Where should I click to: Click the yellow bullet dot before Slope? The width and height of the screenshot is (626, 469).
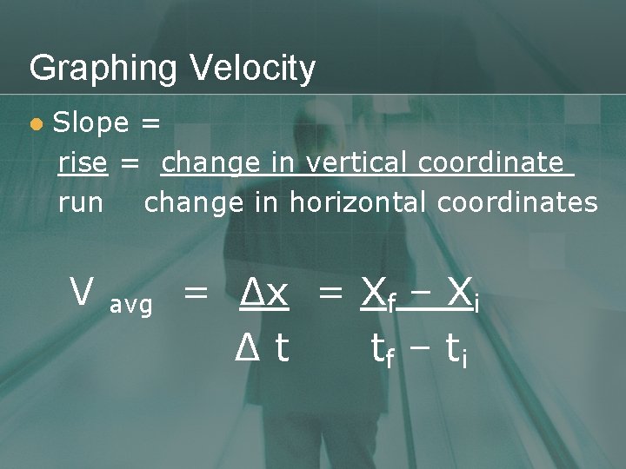click(x=36, y=125)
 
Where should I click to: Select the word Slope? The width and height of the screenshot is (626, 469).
click(x=90, y=123)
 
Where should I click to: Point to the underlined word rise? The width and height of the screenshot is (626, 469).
click(x=83, y=162)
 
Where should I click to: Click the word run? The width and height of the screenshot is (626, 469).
click(x=80, y=204)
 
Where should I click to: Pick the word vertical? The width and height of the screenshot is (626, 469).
click(x=358, y=162)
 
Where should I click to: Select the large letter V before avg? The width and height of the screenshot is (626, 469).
click(x=82, y=293)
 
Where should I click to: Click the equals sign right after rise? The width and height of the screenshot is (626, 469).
click(x=130, y=163)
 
